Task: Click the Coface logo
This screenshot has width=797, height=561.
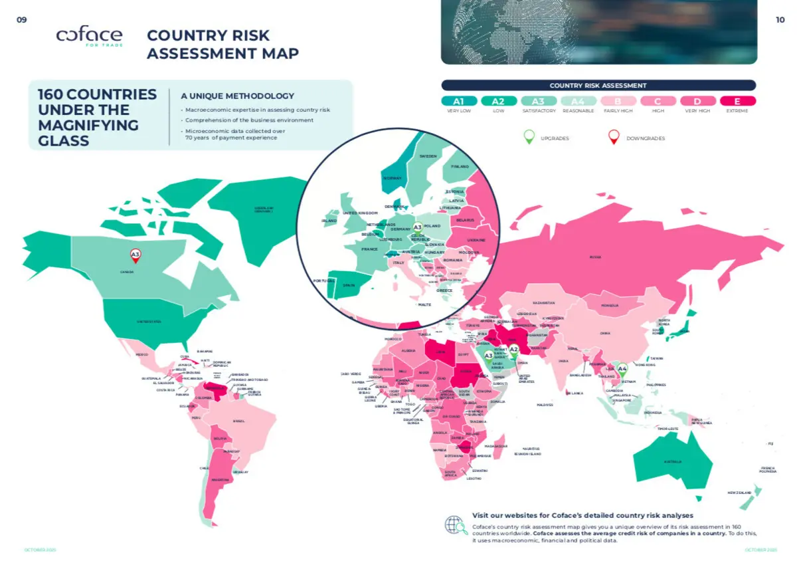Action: pos(89,37)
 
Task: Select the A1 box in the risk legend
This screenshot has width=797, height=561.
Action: pos(458,101)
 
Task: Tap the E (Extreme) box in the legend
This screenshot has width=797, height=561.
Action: pos(737,101)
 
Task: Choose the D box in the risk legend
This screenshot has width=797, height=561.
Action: pos(697,101)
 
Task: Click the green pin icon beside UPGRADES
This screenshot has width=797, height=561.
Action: pos(529,137)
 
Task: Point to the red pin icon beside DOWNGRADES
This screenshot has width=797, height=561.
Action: pos(614,137)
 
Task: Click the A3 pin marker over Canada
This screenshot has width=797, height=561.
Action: pos(135,255)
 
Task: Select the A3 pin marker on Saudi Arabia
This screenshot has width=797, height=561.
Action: pos(489,356)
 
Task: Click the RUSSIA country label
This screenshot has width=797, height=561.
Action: pos(595,257)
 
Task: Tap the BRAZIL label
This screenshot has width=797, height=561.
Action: pos(239,421)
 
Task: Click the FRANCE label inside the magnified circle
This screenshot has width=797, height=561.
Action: pos(369,249)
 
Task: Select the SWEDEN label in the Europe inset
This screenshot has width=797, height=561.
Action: pos(428,156)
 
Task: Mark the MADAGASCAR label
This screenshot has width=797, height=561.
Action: pos(496,446)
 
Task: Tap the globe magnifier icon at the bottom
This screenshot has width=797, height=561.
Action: pos(456,525)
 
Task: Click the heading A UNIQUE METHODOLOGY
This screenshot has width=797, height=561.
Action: pos(237,96)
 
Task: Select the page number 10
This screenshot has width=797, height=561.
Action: pos(780,20)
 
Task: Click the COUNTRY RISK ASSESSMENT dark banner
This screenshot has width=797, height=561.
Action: pos(598,85)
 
